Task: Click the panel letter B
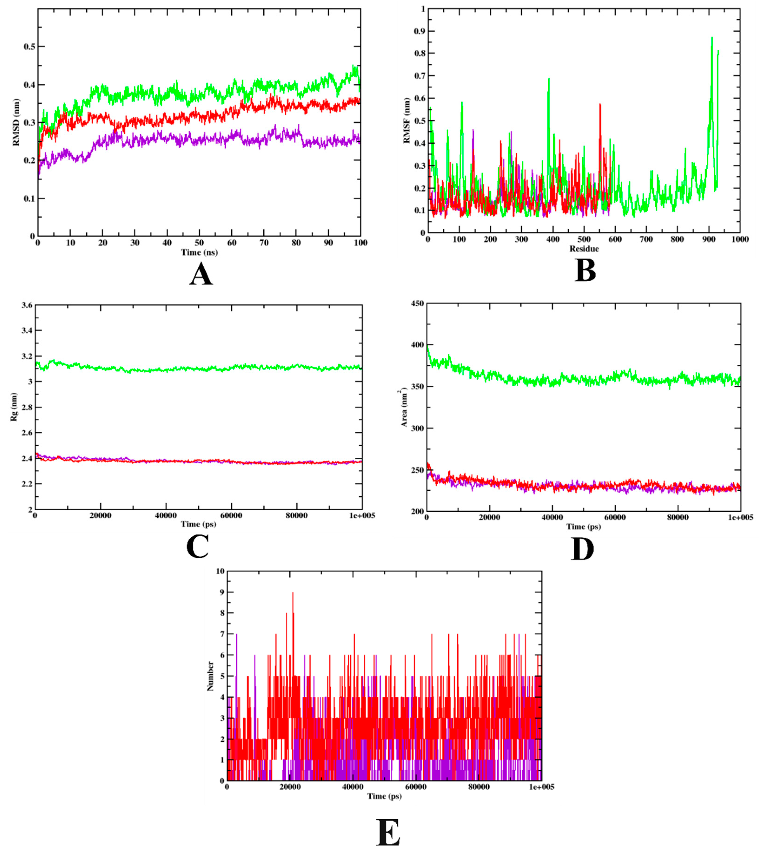585,271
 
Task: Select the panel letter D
582,550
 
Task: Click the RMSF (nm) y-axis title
406,121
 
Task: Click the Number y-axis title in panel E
210,676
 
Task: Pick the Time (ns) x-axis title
199,252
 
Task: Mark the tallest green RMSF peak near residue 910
712,39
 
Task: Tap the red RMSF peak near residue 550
600,105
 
